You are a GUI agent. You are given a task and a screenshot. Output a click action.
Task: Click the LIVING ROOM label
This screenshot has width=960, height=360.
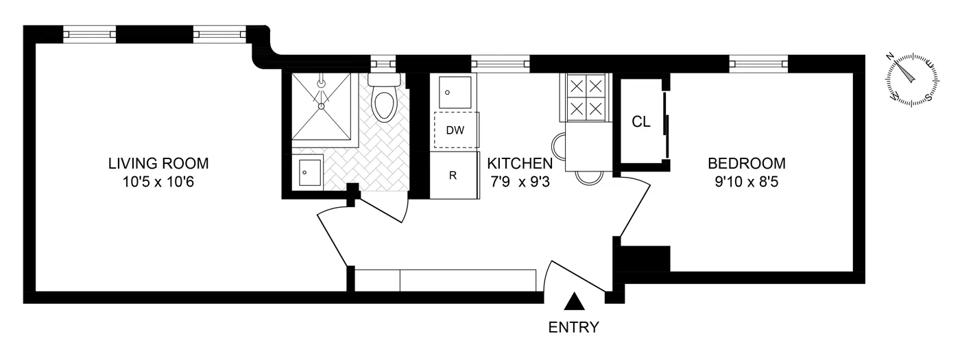tap(158, 164)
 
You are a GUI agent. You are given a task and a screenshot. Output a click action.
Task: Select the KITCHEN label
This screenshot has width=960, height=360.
tap(519, 164)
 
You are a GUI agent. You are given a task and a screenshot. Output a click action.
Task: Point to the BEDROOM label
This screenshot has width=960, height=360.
tap(747, 164)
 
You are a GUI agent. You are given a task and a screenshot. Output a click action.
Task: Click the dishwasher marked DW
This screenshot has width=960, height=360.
tap(453, 130)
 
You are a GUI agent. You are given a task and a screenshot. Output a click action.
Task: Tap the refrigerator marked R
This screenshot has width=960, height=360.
tap(453, 175)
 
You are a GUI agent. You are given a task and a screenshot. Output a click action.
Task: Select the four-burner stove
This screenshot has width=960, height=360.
tap(587, 97)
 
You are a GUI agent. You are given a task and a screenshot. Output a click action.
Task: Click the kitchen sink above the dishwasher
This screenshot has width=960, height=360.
tap(453, 91)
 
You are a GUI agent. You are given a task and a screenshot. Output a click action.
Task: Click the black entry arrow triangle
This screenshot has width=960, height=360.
tap(575, 301)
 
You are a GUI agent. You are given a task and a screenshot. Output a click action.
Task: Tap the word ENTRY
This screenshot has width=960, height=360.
tap(575, 327)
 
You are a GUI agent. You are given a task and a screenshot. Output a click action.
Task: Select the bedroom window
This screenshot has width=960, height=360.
tap(758, 64)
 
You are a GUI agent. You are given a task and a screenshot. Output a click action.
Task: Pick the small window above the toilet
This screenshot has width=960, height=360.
tap(382, 64)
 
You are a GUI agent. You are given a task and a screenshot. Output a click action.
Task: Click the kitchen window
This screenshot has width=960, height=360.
tap(501, 64)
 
